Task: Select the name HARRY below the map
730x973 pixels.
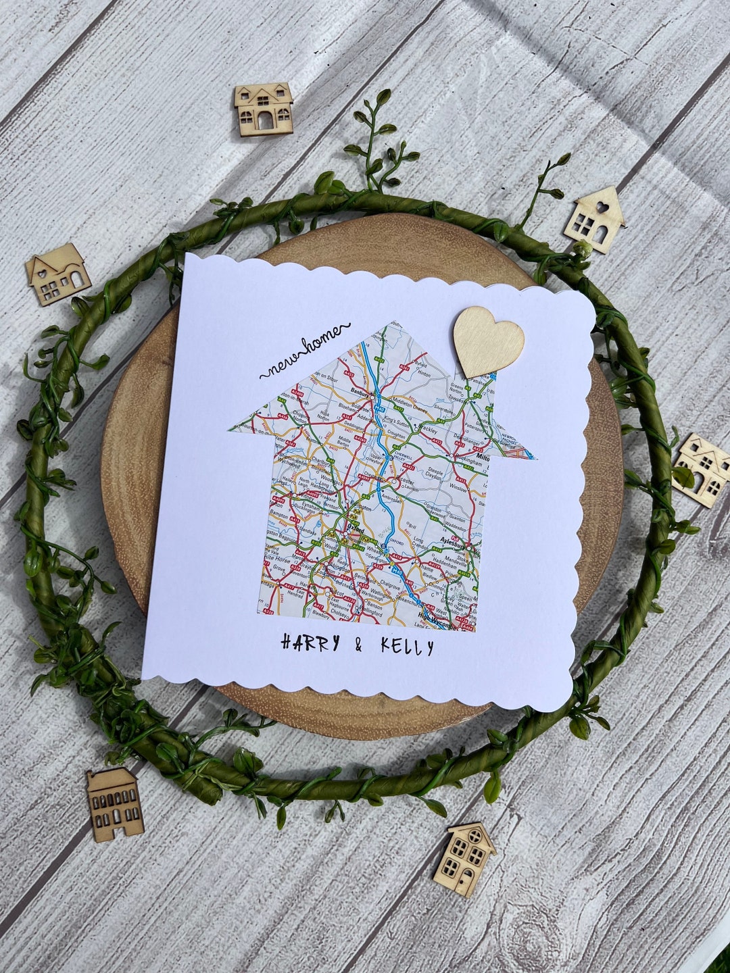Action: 310,643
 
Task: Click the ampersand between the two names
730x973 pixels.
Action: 358,646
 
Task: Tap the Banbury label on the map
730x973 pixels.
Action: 360,391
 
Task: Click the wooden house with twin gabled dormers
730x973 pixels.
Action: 264,107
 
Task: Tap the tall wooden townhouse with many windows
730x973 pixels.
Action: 114,803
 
